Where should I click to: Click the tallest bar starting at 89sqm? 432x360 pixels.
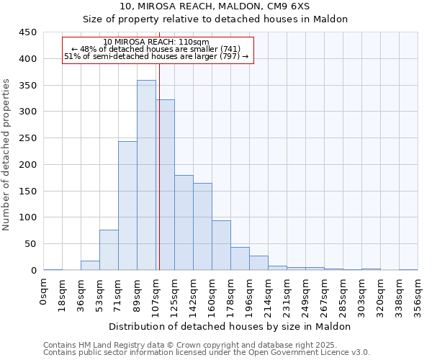tap(146, 175)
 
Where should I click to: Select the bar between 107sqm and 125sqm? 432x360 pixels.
tap(165, 185)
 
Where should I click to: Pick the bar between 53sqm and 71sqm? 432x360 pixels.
tap(109, 250)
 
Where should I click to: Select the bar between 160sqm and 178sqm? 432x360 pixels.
tap(221, 246)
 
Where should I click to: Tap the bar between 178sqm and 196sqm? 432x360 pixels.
tap(240, 258)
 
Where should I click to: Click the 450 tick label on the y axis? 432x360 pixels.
tap(27, 32)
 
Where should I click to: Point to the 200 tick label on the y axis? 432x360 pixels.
tap(27, 164)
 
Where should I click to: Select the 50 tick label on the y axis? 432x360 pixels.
tap(30, 244)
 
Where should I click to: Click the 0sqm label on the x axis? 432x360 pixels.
tap(44, 292)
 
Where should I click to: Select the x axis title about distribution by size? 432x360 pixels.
tap(230, 326)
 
